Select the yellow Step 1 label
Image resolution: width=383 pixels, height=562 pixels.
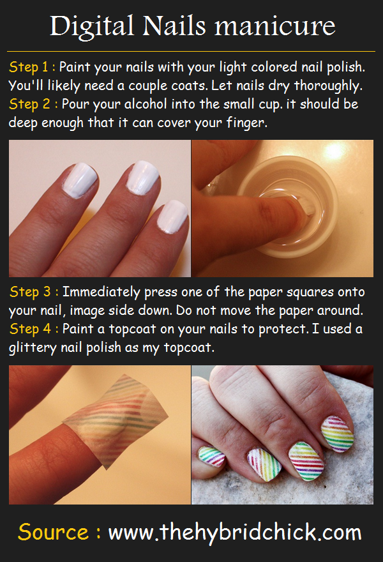tap(31, 68)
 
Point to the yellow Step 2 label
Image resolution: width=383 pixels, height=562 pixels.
tap(33, 104)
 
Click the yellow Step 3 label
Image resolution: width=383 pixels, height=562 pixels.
tap(34, 292)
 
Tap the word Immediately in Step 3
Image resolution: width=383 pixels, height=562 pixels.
tap(101, 292)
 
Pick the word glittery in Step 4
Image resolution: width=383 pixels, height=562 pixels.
tap(33, 347)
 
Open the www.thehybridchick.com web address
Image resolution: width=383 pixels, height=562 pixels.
tap(235, 533)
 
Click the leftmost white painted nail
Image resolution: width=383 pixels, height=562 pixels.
tap(79, 180)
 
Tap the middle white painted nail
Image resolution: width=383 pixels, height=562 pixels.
tap(142, 178)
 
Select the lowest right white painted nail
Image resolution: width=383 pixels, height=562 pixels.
tap(172, 217)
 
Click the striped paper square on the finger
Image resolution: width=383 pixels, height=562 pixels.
tap(116, 420)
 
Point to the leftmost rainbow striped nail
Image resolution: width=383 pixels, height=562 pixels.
tap(212, 457)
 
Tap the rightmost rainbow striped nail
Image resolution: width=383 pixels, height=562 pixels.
tap(337, 434)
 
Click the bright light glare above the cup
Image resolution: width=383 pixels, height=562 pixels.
tap(334, 151)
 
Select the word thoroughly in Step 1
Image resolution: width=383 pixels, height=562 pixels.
tap(329, 86)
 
